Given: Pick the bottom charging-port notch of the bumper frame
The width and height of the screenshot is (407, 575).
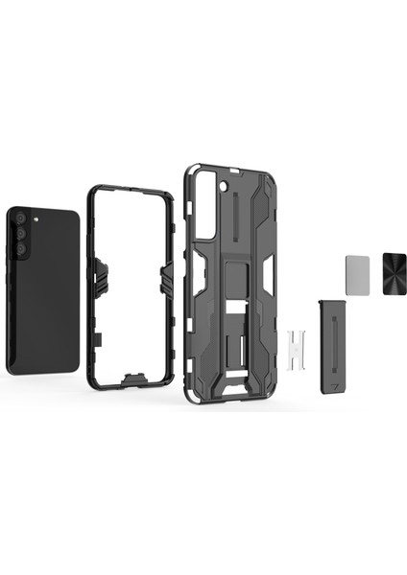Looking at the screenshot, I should pyautogui.click(x=126, y=384).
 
